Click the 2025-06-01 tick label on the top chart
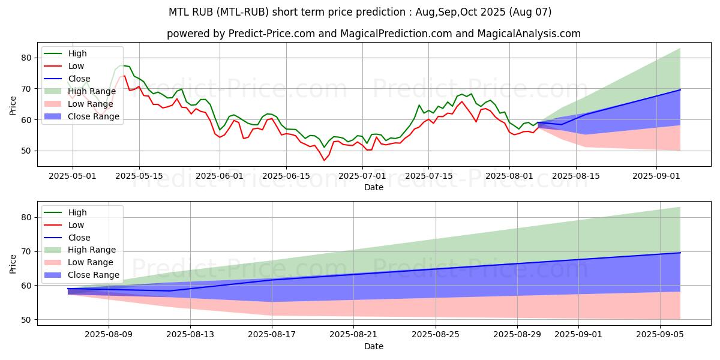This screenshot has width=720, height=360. coord(220,176)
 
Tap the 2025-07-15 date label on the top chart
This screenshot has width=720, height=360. coord(429,176)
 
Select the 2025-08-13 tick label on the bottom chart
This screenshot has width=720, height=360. coord(190,335)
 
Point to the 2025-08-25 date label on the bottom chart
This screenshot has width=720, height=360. coord(436,335)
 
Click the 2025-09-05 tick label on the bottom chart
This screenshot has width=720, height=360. coord(660,335)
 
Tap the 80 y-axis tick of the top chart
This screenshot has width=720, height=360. coord(26,58)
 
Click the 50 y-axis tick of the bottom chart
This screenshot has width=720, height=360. coord(26,320)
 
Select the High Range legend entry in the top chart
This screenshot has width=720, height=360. coord(80,91)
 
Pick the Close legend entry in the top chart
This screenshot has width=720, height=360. coord(67,79)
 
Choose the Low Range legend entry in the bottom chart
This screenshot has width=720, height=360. coord(79,263)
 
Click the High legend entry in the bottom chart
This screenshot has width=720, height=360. coord(65,212)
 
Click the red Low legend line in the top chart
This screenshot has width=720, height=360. coord(53,66)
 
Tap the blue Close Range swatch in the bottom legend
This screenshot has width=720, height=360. coord(53,275)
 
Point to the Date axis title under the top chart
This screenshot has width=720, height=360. coord(374,187)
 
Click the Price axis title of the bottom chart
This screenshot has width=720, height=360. coord(13,264)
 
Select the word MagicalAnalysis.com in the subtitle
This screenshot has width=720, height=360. coord(529,34)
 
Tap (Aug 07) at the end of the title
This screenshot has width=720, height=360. coord(530,12)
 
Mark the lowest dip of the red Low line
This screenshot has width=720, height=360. coord(324,160)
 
